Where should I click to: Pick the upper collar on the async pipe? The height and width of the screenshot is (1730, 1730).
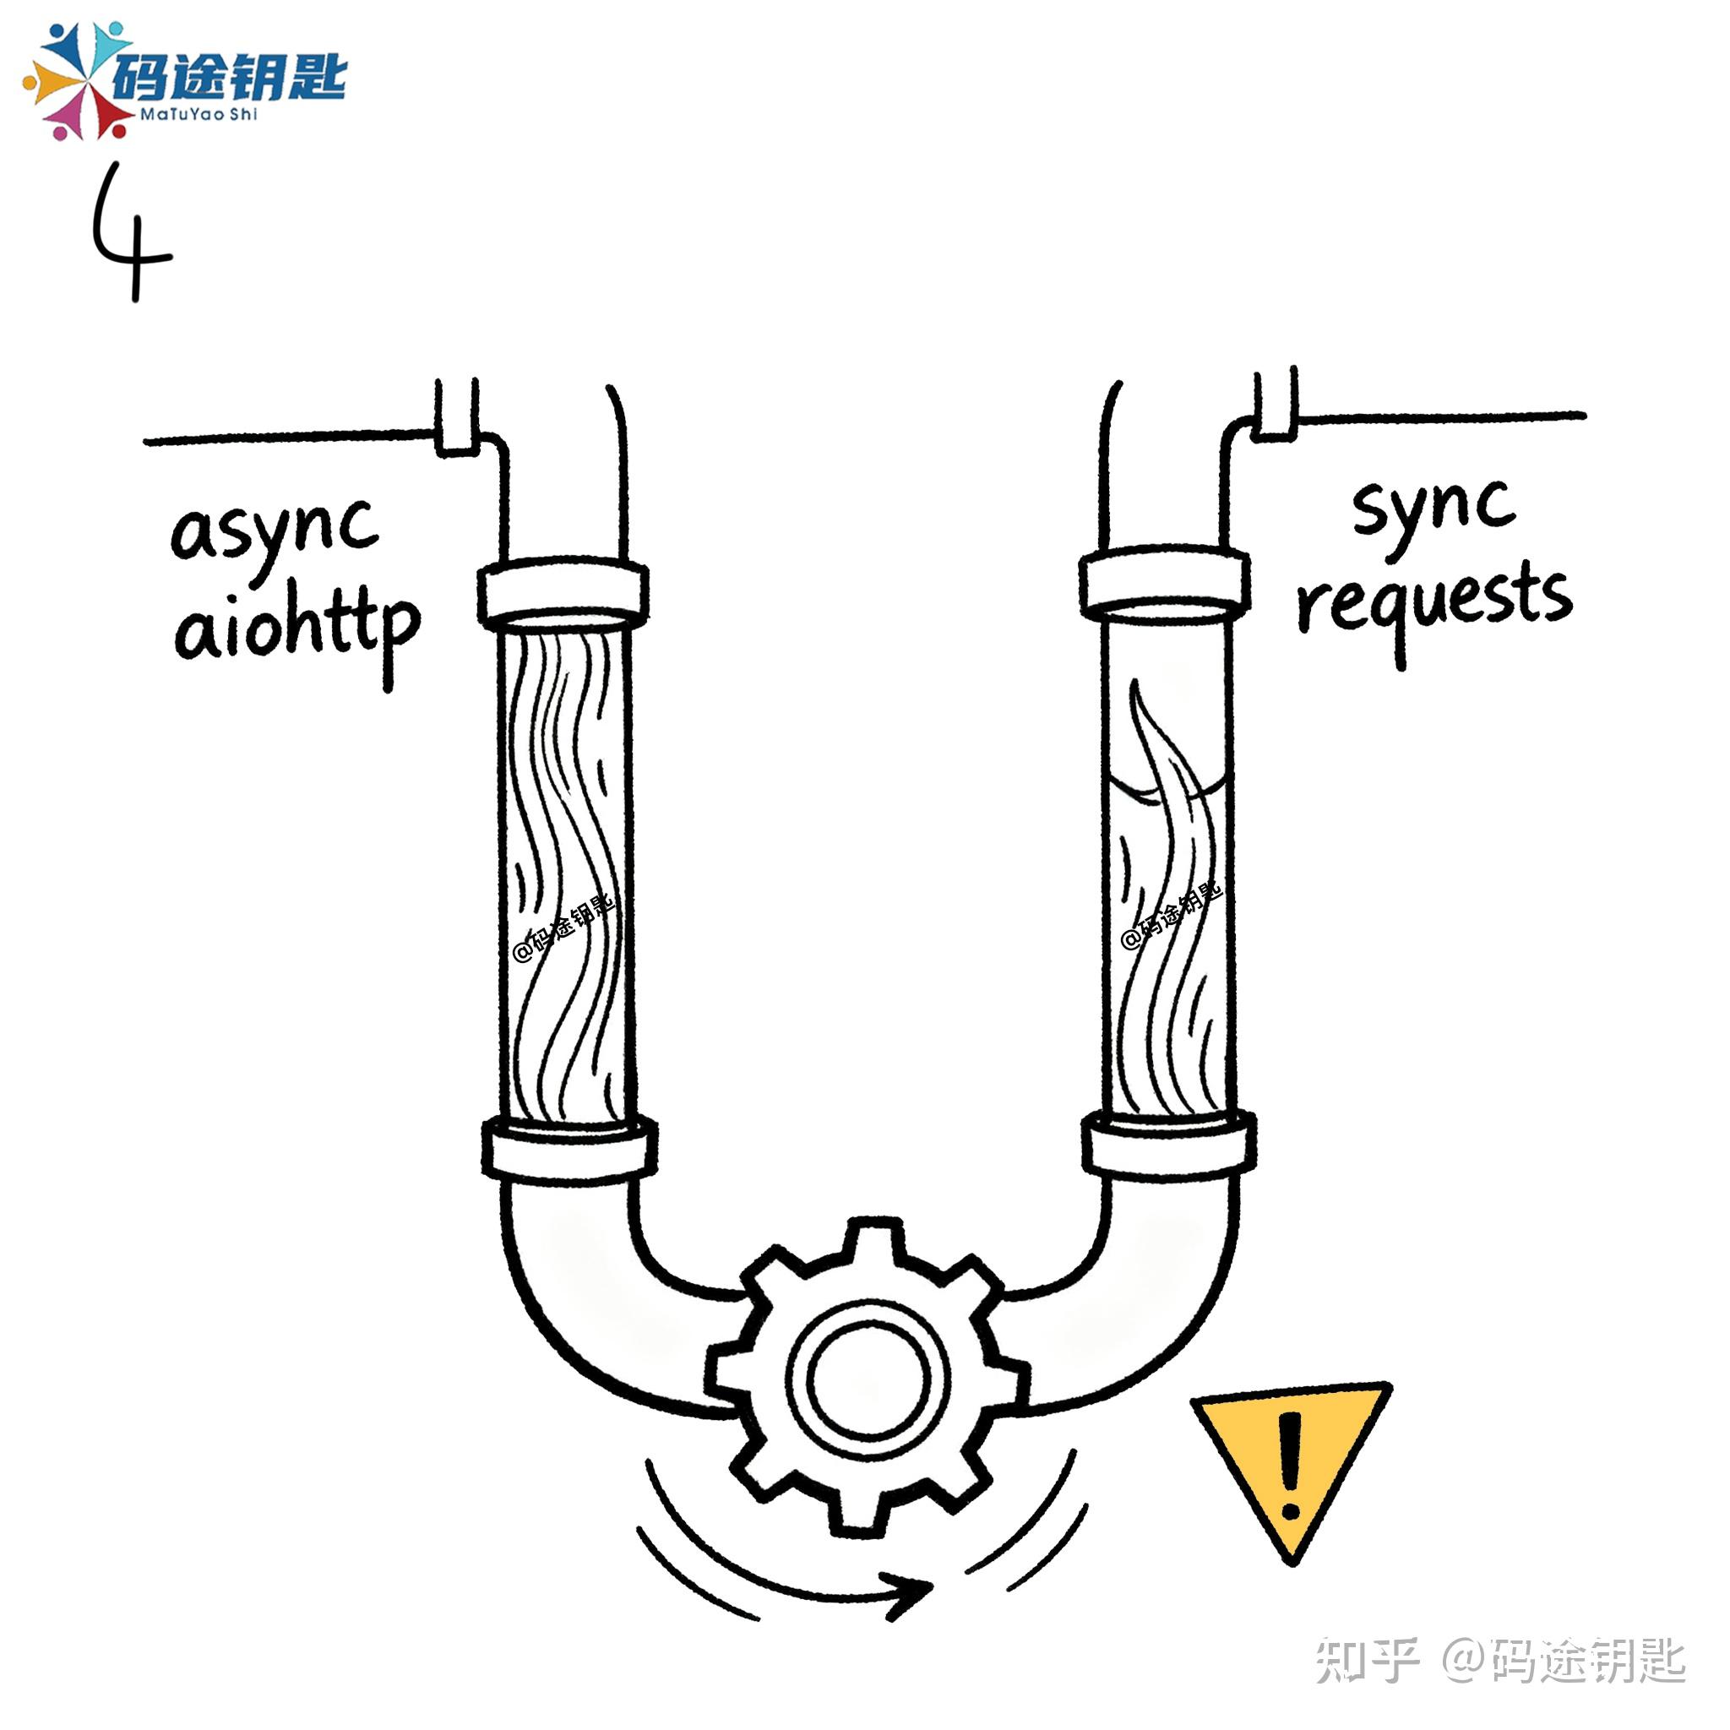click(x=563, y=591)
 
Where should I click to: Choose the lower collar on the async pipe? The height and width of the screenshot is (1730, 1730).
click(x=569, y=1146)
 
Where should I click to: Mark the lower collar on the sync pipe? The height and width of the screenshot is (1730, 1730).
click(x=1168, y=1142)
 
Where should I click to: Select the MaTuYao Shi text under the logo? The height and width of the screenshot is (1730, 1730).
click(x=199, y=115)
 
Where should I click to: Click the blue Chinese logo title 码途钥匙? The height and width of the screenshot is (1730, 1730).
click(x=228, y=76)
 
